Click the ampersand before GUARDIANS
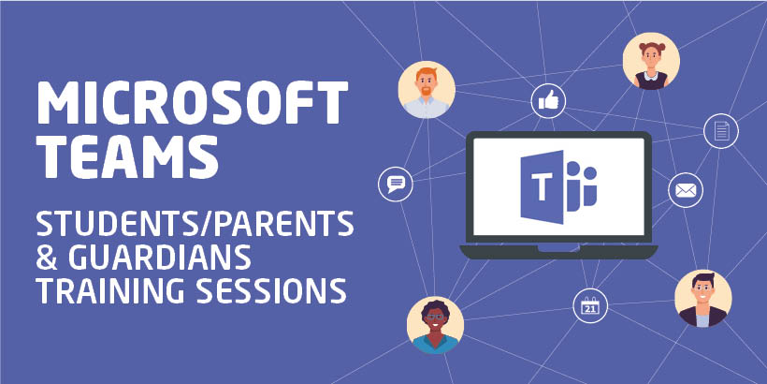pos(47,257)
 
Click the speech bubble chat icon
pos(395,183)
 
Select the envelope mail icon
pos(685,190)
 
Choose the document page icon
pos(720,130)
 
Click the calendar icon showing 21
pos(589,305)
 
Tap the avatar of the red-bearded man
pos(427,90)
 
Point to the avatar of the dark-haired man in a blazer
pos(702,299)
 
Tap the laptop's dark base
pos(558,250)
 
